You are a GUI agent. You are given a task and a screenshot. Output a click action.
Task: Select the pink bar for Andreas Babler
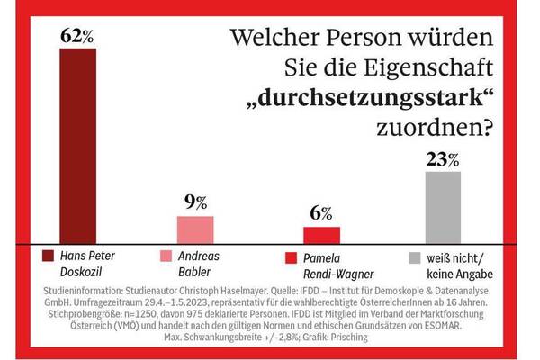click(195, 229)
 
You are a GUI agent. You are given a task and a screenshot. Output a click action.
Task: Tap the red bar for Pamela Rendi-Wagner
click(321, 233)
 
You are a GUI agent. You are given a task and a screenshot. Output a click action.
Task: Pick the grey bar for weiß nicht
click(443, 206)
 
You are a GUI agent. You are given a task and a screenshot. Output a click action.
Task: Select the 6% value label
click(321, 214)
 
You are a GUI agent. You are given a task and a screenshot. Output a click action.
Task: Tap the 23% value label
click(443, 160)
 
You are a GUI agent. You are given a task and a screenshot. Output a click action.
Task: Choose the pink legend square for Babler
click(166, 257)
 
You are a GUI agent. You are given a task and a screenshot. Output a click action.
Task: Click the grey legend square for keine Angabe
click(414, 257)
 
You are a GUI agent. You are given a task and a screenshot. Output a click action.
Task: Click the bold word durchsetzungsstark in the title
click(373, 97)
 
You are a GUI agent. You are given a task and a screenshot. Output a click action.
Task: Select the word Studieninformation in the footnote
click(88, 292)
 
